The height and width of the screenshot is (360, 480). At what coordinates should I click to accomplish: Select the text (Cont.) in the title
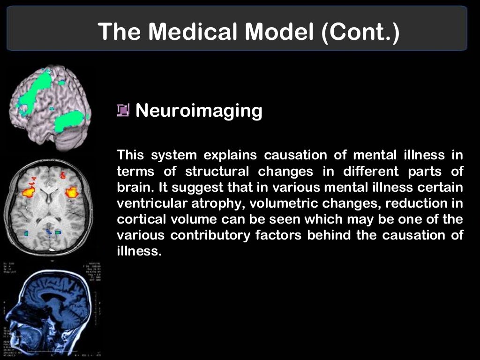tap(361, 32)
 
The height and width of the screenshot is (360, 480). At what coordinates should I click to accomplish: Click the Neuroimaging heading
tap(199, 111)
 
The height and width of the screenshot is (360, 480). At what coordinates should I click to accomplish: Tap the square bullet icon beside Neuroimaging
tap(123, 111)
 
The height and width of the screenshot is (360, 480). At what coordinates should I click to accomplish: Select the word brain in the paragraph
tap(133, 187)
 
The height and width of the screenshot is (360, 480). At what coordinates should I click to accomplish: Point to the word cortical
tap(137, 219)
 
